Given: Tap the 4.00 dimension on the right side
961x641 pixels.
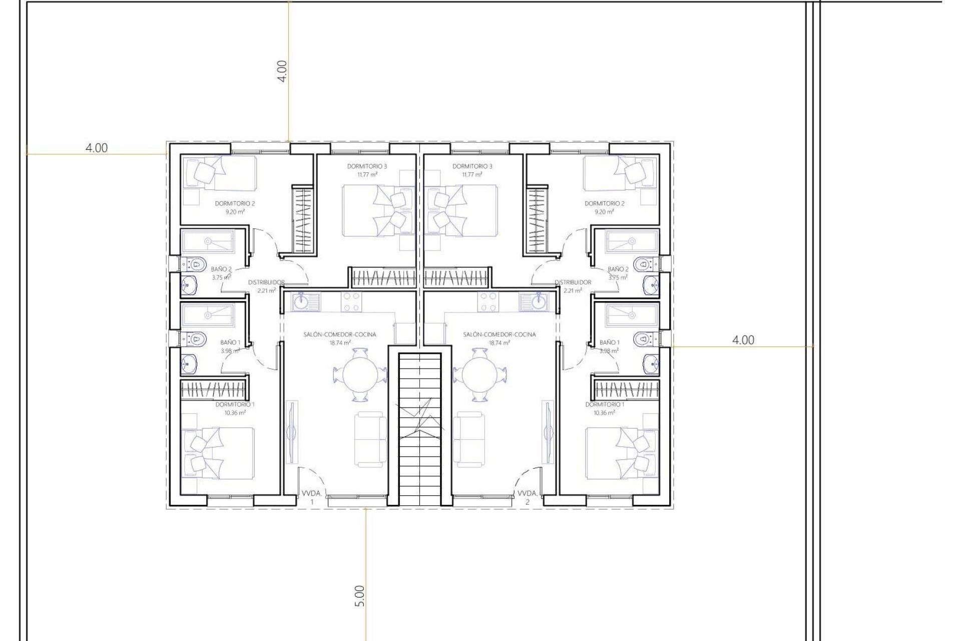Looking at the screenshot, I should coord(743,340).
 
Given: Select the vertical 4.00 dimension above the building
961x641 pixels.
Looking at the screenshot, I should coord(282,71).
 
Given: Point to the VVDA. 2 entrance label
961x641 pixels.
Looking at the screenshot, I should coord(527,497).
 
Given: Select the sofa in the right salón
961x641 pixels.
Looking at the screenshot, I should coord(469,439).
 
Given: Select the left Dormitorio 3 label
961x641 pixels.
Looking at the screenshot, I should coord(367,166).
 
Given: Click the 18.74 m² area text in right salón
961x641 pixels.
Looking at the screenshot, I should coord(499,343).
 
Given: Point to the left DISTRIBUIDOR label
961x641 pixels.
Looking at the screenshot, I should coord(266,282).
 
